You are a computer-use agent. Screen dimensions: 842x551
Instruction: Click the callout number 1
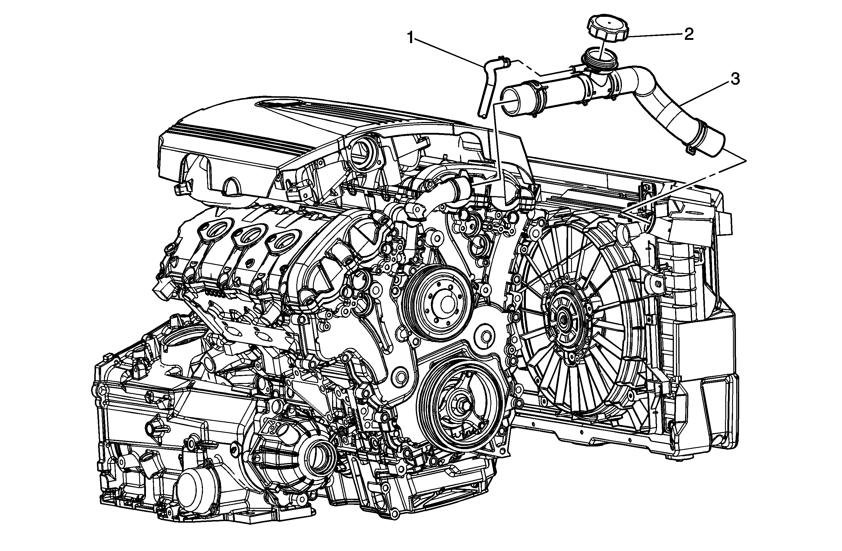coord(411,38)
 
